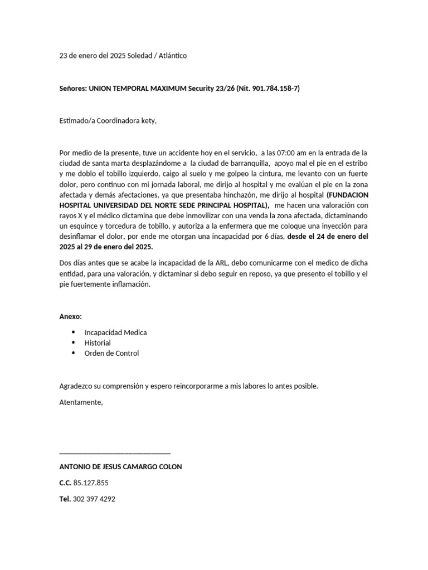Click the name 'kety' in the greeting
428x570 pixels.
[147, 121]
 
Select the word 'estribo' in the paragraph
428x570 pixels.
[354, 163]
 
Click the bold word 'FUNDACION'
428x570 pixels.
[347, 195]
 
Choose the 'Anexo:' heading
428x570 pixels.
[71, 317]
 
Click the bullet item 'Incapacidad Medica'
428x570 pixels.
[115, 332]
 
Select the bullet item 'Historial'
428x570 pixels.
[98, 343]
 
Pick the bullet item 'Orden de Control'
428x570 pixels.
[111, 353]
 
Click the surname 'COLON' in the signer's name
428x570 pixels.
[171, 466]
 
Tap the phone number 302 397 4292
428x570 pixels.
[94, 499]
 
